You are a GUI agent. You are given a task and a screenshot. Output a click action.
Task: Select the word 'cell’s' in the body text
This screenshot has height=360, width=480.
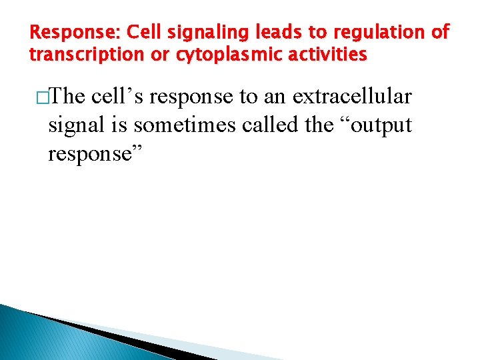click(116, 97)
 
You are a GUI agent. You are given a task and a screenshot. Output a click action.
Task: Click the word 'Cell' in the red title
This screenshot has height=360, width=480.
click(141, 31)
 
